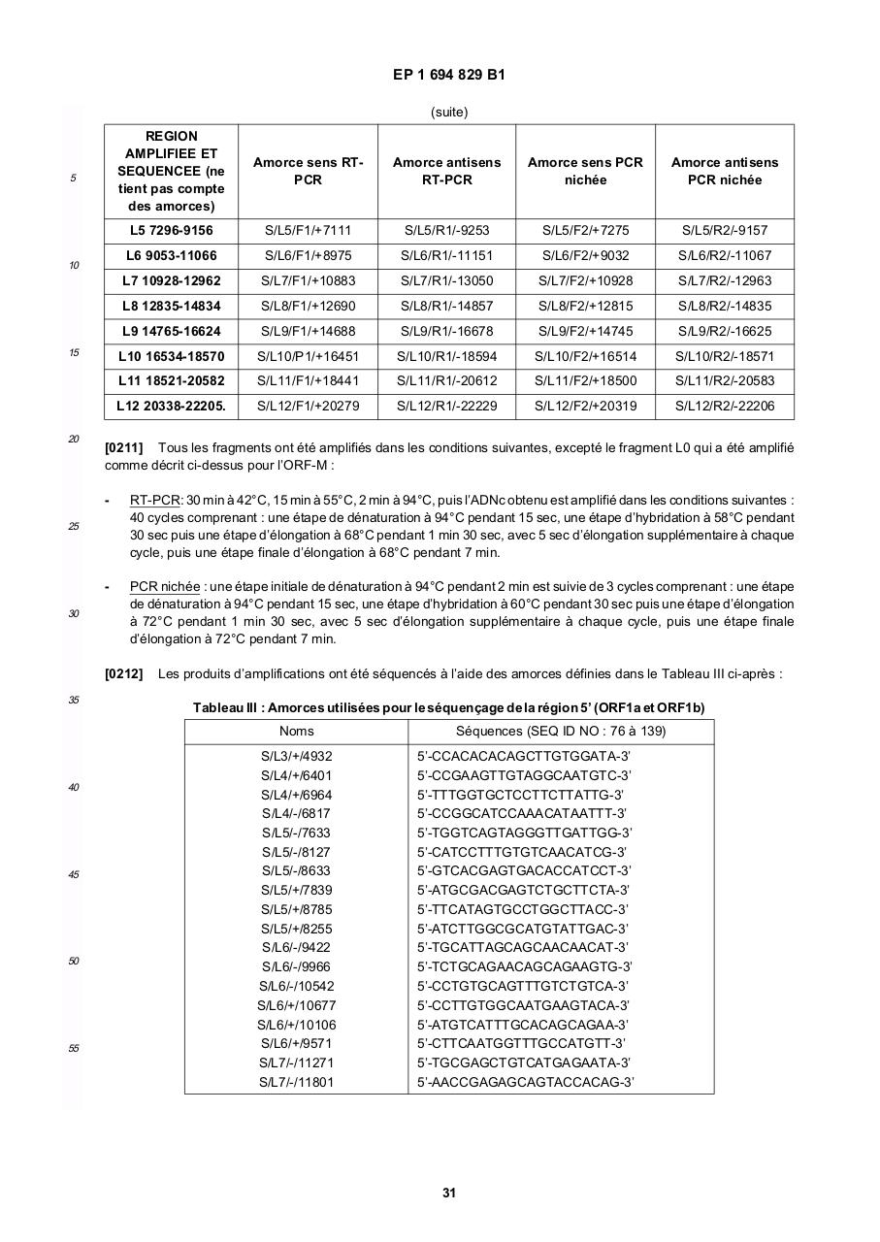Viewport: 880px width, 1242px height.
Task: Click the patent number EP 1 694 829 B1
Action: tap(448, 75)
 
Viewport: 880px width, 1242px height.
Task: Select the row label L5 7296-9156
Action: tap(171, 231)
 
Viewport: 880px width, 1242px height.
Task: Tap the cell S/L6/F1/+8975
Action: tap(309, 256)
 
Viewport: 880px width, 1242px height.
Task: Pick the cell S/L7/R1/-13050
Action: tap(446, 281)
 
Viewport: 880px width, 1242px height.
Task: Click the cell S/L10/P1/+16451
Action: tap(308, 356)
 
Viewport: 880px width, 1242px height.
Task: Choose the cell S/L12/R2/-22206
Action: tap(725, 407)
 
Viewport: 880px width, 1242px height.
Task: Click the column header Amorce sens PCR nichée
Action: tap(585, 171)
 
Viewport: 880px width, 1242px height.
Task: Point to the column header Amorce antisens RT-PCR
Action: tap(446, 171)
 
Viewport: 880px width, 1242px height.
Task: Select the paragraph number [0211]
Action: tap(123, 448)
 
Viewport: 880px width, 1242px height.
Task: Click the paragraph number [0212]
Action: tap(123, 673)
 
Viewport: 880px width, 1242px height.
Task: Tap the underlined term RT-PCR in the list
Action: tap(155, 501)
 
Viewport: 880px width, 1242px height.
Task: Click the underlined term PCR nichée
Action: tap(165, 587)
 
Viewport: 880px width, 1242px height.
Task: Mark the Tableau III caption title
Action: tap(448, 707)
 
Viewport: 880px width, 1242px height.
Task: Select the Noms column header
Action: tap(296, 732)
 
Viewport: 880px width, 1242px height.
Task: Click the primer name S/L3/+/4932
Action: tap(296, 756)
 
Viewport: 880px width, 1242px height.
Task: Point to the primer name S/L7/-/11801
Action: tap(296, 1082)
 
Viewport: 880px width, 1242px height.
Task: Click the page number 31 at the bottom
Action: tap(448, 1193)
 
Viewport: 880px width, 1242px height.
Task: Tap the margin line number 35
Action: tap(74, 701)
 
